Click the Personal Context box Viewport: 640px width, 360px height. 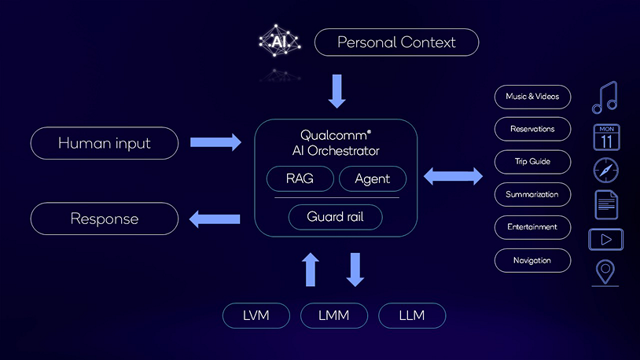pyautogui.click(x=396, y=42)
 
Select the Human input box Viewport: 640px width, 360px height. pyautogui.click(x=104, y=143)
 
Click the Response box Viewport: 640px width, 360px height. pyautogui.click(x=104, y=219)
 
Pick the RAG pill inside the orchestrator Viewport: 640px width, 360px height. pyautogui.click(x=300, y=178)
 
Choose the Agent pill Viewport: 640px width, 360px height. pyautogui.click(x=372, y=178)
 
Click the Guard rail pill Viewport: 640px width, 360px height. pyautogui.click(x=335, y=216)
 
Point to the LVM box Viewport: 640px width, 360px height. pyautogui.click(x=256, y=315)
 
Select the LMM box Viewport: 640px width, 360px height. pyautogui.click(x=333, y=315)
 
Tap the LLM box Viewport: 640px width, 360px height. pyautogui.click(x=411, y=315)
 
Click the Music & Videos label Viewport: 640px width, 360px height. pyautogui.click(x=532, y=97)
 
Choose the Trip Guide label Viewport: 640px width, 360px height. pyautogui.click(x=532, y=162)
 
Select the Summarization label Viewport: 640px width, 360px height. pyautogui.click(x=532, y=194)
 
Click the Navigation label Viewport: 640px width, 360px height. pyautogui.click(x=532, y=260)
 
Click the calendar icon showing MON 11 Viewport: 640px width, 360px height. pyautogui.click(x=605, y=137)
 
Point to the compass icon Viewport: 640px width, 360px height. pyautogui.click(x=605, y=171)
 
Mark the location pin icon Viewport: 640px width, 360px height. pyautogui.click(x=605, y=272)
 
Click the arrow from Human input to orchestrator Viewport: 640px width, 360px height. pyautogui.click(x=215, y=142)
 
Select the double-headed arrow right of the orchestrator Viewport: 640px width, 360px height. pyautogui.click(x=454, y=177)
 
